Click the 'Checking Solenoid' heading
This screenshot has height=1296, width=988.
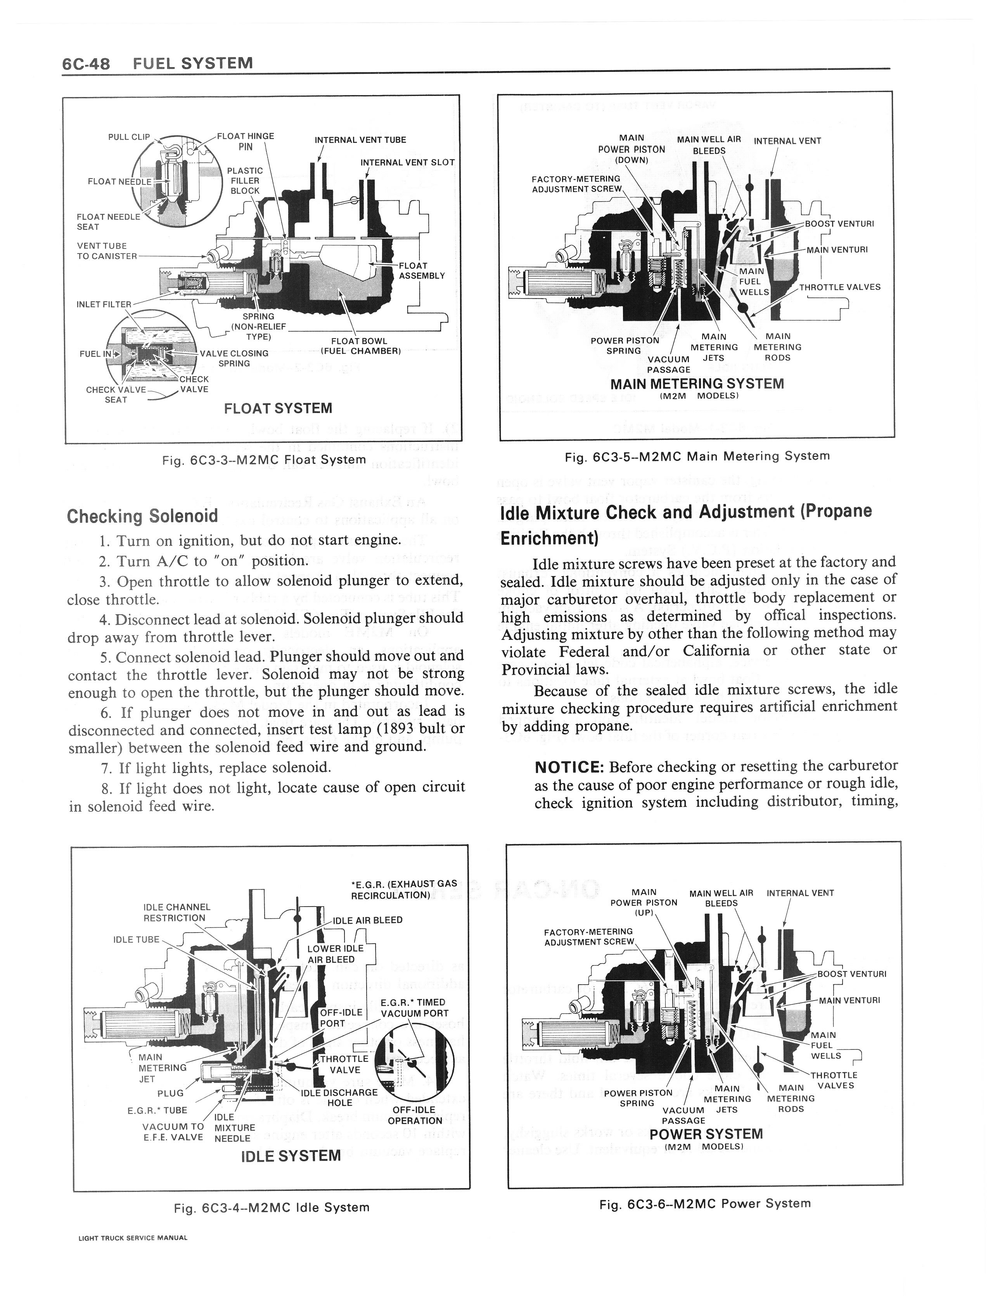(x=142, y=516)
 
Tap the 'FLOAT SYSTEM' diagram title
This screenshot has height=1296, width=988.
(x=278, y=408)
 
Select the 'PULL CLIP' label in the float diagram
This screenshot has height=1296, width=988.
(x=129, y=137)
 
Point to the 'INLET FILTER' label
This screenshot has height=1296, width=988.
(x=104, y=304)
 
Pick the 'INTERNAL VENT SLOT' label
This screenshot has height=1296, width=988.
(x=408, y=162)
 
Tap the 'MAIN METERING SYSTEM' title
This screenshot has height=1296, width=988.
(x=697, y=384)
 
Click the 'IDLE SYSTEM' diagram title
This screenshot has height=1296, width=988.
(x=291, y=1155)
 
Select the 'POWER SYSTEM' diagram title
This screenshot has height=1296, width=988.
(x=706, y=1134)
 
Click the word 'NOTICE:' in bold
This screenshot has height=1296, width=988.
(x=569, y=767)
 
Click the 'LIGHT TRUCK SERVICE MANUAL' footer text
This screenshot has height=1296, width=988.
(x=133, y=1254)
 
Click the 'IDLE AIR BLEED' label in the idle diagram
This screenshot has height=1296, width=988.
(x=368, y=920)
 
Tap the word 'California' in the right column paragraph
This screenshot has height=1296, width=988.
(x=716, y=650)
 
